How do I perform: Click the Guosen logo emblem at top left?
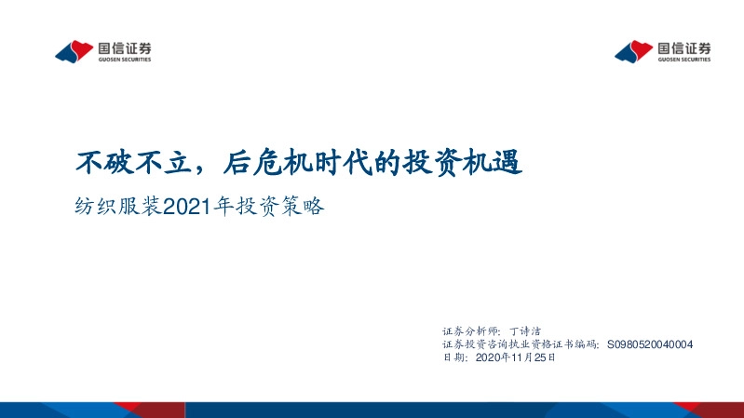click(x=74, y=51)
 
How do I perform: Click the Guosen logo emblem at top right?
click(x=633, y=51)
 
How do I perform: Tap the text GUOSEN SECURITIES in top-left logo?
click(x=123, y=60)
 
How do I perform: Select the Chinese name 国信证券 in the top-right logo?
click(x=683, y=47)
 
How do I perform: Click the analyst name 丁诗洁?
click(x=533, y=330)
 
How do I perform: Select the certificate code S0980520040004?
click(x=650, y=344)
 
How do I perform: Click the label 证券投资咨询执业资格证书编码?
click(x=522, y=344)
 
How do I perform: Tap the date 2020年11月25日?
click(x=515, y=357)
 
